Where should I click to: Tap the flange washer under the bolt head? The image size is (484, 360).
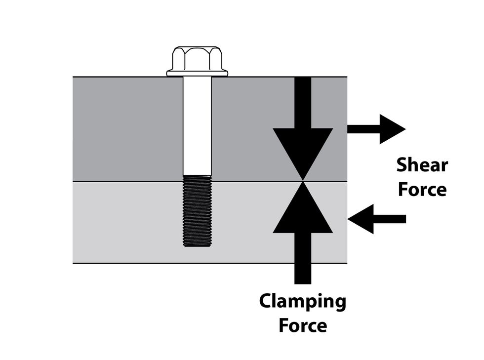coord(197,74)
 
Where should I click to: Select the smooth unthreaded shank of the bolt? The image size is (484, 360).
coord(197,126)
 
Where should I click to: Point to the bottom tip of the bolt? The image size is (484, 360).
coord(197,245)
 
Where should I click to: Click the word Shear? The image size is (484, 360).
coord(422,166)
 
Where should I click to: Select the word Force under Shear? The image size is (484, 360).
coord(422,190)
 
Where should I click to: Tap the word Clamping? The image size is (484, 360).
coord(302,302)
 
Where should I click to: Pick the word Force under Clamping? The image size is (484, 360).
coord(302,325)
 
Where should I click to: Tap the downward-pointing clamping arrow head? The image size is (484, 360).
coord(303,151)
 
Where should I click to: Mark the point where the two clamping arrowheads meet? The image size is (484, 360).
coord(303,181)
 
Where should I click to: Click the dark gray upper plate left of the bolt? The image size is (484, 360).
coord(126,128)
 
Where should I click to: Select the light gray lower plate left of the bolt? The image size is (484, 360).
coord(126,222)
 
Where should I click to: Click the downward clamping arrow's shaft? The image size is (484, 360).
coord(303,102)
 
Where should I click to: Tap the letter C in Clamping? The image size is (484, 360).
coord(266,301)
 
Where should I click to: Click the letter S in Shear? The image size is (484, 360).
coord(403,165)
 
